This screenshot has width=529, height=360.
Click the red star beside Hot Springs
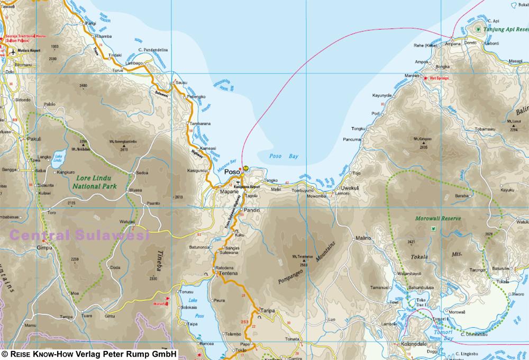[426, 78]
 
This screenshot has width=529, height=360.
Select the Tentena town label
[226, 273]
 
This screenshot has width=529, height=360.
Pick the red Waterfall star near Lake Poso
[168, 300]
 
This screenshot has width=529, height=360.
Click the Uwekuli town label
[351, 188]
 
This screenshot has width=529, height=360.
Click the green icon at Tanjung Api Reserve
[478, 29]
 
